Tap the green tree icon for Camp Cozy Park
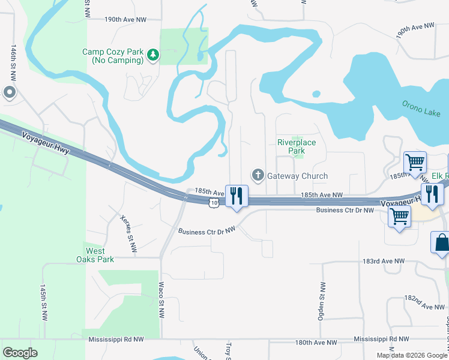click(x=154, y=55)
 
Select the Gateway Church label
click(x=297, y=176)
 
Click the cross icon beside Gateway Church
click(x=258, y=175)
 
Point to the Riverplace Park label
click(x=296, y=147)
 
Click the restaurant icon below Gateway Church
click(x=237, y=196)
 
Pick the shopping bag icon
click(x=441, y=243)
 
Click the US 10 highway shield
click(x=214, y=204)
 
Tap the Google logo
click(x=20, y=353)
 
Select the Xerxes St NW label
click(x=128, y=233)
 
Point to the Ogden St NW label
click(x=322, y=301)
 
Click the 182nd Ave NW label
click(x=424, y=301)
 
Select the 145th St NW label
click(x=43, y=303)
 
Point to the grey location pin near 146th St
click(x=10, y=92)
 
